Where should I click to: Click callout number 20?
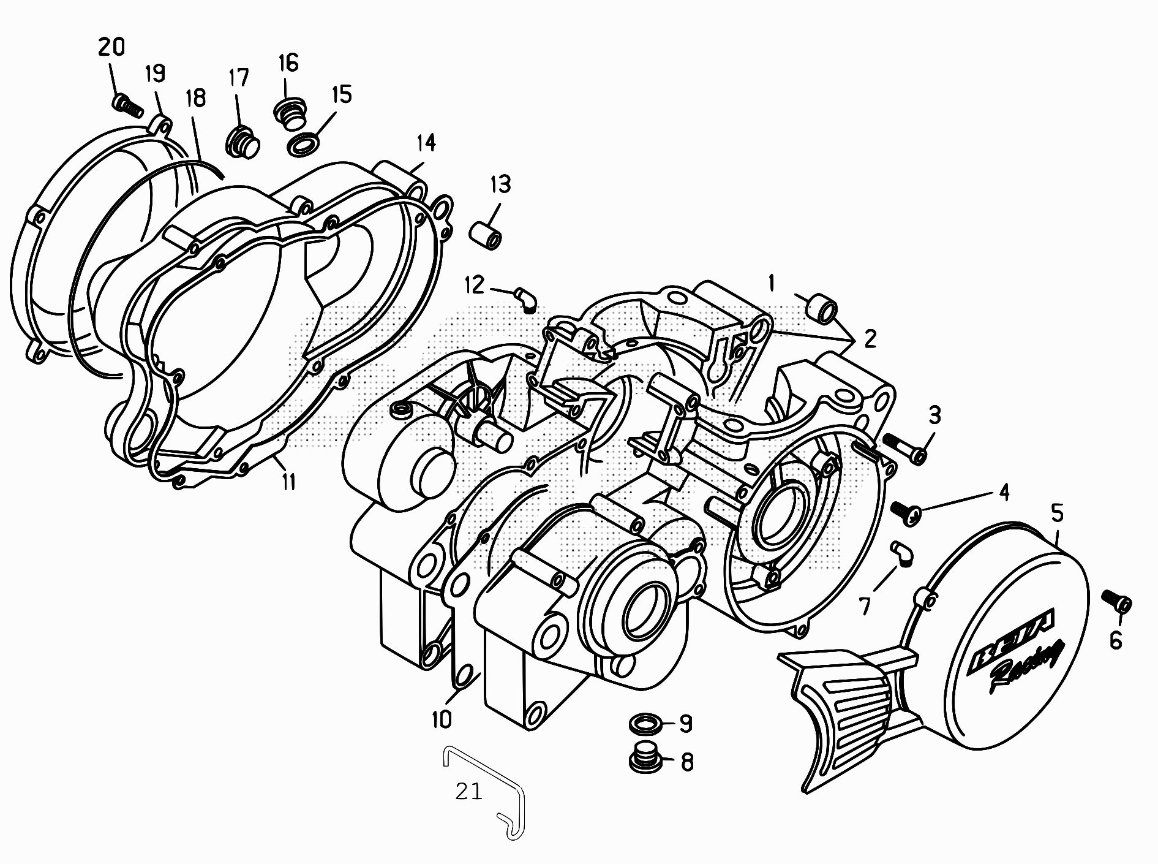[111, 47]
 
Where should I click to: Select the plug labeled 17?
[243, 143]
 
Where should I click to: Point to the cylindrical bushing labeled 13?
[487, 235]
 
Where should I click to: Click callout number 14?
[426, 143]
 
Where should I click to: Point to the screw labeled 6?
[1117, 601]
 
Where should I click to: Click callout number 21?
[469, 792]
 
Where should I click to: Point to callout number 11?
[288, 482]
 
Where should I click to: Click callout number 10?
[442, 719]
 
